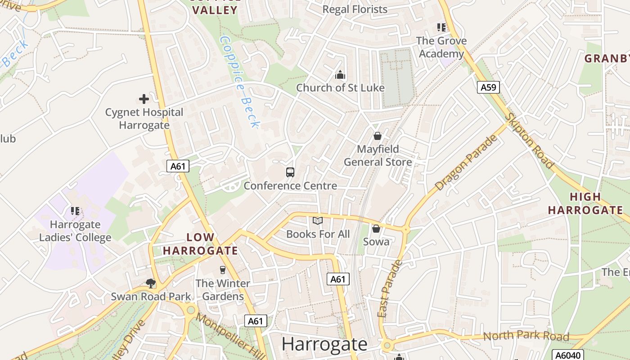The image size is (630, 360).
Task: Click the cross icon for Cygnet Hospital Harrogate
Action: [144, 99]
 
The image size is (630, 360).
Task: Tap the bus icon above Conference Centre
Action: [290, 172]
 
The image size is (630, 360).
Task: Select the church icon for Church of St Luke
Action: [340, 74]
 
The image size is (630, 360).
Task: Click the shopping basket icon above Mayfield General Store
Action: [378, 135]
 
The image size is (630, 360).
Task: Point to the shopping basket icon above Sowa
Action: [376, 229]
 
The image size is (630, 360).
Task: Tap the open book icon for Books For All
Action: [318, 220]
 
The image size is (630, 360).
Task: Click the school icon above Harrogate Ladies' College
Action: [75, 211]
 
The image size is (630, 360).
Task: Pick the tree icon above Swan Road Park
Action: [151, 283]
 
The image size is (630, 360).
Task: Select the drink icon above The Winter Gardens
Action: [222, 270]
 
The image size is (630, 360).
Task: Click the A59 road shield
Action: [488, 87]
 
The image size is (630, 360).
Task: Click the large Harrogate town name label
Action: [324, 344]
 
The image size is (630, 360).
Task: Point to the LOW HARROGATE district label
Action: [200, 244]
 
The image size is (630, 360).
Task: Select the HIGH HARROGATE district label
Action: [585, 203]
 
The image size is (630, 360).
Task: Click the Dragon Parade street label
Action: [467, 162]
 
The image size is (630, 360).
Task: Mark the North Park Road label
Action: [526, 336]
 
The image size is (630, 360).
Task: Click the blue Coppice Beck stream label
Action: [239, 82]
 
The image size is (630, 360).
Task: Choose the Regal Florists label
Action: [355, 9]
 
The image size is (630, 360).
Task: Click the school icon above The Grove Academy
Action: [441, 27]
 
